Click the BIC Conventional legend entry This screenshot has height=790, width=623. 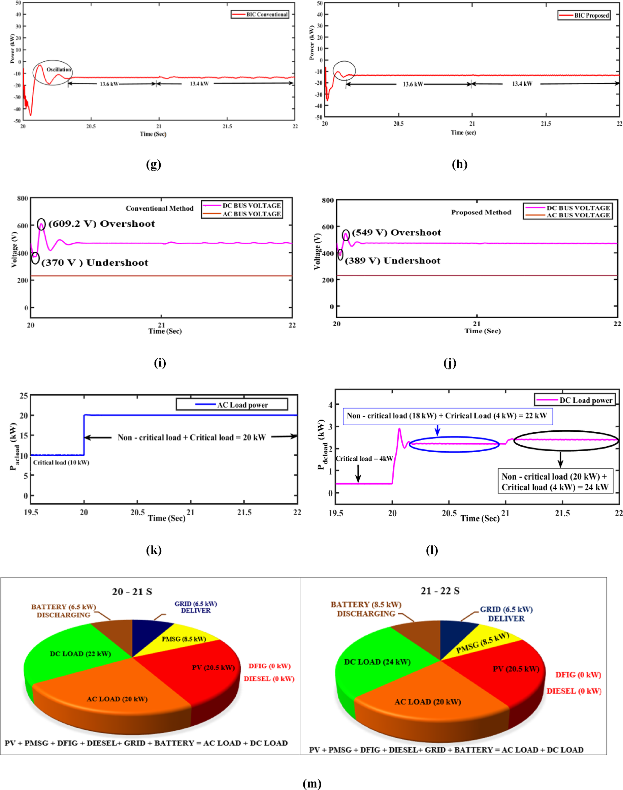tap(260, 14)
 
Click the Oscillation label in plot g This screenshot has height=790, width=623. tap(58, 69)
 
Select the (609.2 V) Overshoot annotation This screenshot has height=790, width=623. tap(101, 224)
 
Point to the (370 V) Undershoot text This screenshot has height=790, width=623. tap(95, 263)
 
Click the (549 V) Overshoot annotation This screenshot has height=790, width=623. tap(396, 233)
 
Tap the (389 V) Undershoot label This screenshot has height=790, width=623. tap(392, 261)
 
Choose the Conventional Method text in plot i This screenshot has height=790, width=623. tap(159, 208)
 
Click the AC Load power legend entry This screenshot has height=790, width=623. tap(232, 404)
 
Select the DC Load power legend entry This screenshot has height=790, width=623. tap(575, 400)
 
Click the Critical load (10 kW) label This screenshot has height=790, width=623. tap(61, 462)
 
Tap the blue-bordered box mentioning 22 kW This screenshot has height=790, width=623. tap(447, 416)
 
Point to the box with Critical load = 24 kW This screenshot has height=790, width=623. tap(554, 482)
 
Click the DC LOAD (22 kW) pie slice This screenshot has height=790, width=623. tap(80, 654)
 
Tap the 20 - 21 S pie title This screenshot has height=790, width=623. tap(132, 592)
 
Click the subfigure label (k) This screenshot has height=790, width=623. tap(154, 550)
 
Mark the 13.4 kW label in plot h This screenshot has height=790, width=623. tap(522, 84)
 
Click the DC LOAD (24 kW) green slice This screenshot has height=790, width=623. tap(377, 662)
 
